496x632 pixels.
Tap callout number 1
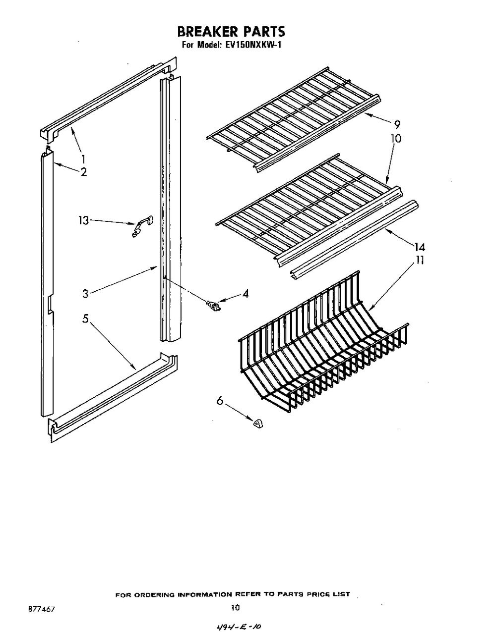tap(83, 159)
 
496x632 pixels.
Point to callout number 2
tap(84, 172)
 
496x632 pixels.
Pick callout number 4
tap(246, 294)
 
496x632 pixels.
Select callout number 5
tap(85, 319)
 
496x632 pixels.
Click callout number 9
tap(397, 124)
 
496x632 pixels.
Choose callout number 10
tap(395, 138)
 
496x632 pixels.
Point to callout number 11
tap(419, 260)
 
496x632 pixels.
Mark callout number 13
tap(83, 220)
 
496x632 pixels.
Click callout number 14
tap(420, 247)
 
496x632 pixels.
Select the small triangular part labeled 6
tap(258, 423)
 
